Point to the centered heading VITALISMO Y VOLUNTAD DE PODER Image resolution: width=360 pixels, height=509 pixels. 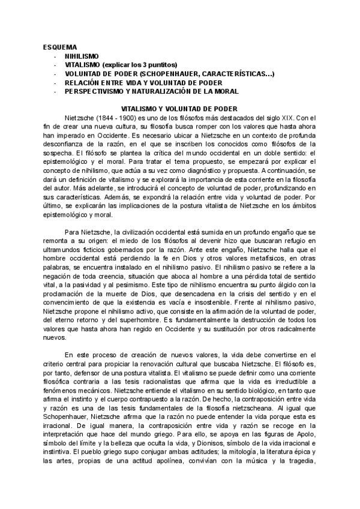tap(179, 108)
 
